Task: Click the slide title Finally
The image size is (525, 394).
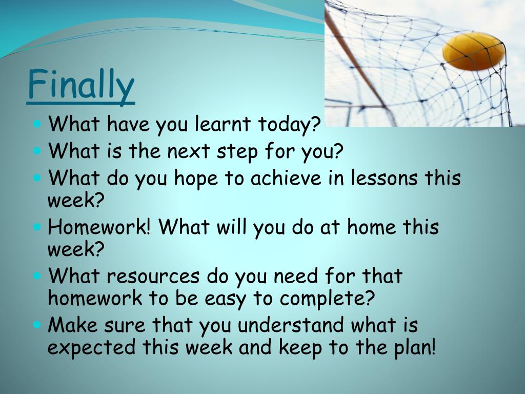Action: [x=80, y=85]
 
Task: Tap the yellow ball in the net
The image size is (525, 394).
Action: [x=474, y=51]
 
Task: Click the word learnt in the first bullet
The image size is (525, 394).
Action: [x=223, y=123]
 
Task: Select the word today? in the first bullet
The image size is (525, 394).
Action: [x=290, y=125]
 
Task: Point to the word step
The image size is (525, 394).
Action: [x=237, y=152]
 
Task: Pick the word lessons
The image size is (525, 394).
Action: [x=384, y=178]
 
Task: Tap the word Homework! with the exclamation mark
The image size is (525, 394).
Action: [x=99, y=227]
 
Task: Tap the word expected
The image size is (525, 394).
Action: [x=91, y=347]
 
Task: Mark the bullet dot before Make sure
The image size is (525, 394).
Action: [x=37, y=325]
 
